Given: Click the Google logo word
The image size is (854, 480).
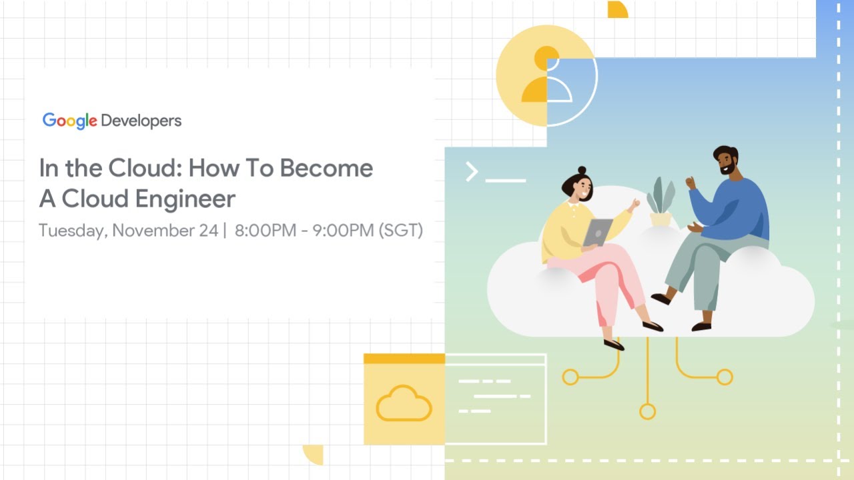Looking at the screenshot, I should pos(70,121).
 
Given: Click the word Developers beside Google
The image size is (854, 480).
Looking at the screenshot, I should pos(141,121).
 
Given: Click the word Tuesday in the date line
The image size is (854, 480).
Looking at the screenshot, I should pos(72,231).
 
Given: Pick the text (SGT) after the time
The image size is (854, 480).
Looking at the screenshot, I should pos(400,231).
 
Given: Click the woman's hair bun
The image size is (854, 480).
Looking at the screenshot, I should pos(582,171).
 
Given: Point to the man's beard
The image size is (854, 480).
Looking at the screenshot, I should pos(729,171).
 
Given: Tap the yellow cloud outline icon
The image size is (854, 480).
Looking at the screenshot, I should pos(404,403).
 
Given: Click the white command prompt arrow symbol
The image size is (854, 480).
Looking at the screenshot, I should pos(472,172).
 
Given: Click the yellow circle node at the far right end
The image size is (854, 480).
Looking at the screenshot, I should pos(725,377).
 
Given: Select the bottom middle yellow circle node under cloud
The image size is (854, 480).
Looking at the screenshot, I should pos(647,411).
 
